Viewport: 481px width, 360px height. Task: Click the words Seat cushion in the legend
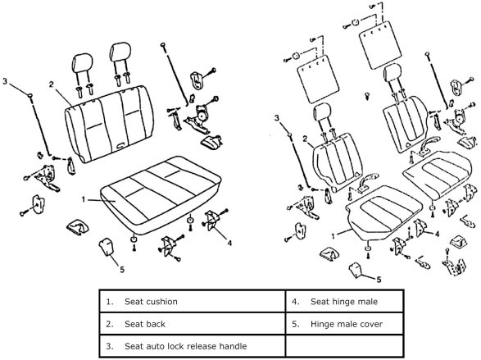click(151, 302)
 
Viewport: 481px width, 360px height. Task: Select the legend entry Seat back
click(145, 324)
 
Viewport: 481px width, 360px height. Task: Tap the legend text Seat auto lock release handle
click(185, 347)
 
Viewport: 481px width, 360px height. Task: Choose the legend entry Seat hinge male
click(344, 302)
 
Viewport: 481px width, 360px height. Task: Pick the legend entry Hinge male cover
click(347, 324)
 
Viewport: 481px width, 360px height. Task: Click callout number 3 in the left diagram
click(5, 81)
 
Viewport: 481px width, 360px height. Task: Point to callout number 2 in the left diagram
click(52, 84)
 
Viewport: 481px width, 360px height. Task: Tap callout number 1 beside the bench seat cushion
click(84, 200)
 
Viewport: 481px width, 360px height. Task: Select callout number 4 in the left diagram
click(229, 243)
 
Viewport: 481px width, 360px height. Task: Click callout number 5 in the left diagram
click(122, 270)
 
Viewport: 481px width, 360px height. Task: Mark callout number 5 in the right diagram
click(379, 280)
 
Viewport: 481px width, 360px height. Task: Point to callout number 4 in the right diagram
click(437, 235)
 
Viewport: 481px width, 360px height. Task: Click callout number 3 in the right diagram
click(277, 118)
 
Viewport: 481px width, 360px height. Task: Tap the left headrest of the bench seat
click(82, 63)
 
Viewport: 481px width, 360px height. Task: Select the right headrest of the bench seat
click(120, 52)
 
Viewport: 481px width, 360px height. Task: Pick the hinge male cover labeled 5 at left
click(106, 246)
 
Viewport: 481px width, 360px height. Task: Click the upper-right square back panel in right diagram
click(380, 45)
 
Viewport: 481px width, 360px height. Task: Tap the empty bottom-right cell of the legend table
click(344, 346)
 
